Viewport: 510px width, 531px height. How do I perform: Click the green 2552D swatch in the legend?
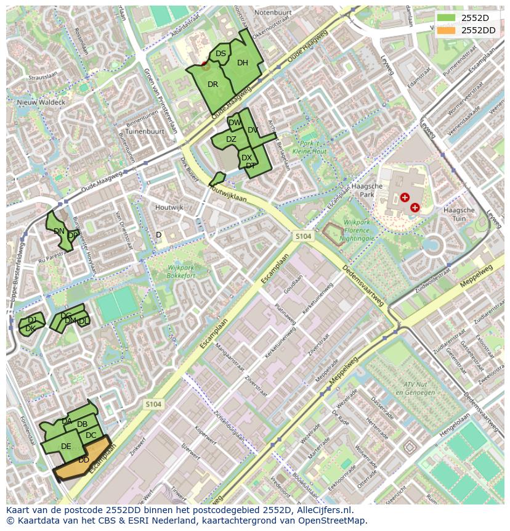[x=447, y=18]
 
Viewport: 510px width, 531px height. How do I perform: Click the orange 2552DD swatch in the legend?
[x=447, y=30]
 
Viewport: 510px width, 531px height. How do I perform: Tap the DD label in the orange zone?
[x=84, y=460]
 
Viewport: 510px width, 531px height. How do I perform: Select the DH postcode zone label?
[x=243, y=63]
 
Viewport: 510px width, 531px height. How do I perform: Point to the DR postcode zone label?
[x=213, y=84]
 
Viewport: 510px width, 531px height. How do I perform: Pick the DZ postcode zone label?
[x=231, y=139]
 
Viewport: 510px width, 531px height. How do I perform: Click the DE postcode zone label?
[x=66, y=447]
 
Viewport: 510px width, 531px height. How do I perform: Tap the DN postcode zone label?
[x=59, y=231]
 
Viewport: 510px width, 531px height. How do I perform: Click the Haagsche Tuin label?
[x=459, y=214]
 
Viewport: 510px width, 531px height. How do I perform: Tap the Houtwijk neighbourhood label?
[x=169, y=208]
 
